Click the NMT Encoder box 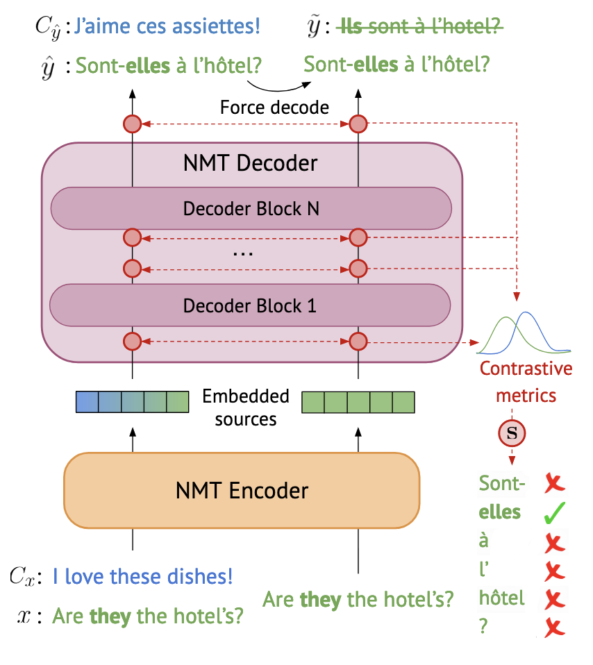(x=242, y=491)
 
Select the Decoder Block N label (x=251, y=208)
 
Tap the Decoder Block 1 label (x=250, y=305)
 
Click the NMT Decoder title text (x=250, y=163)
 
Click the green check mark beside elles (x=555, y=514)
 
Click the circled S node (x=513, y=434)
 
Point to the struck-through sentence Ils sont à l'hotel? (x=419, y=27)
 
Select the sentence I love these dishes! (x=143, y=576)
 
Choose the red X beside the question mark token (x=554, y=628)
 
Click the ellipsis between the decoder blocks (x=243, y=253)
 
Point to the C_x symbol (x=23, y=576)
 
